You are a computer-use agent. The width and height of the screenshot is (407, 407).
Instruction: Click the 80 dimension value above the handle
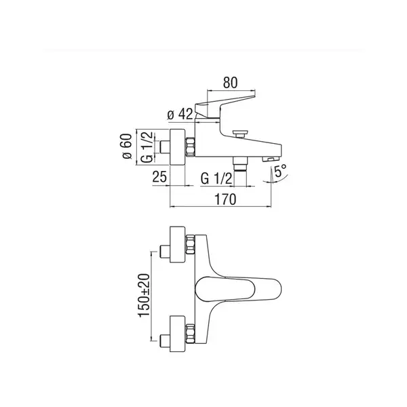(230, 83)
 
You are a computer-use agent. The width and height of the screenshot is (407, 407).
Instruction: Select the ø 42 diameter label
(180, 114)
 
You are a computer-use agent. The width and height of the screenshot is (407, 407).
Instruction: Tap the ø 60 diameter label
(127, 146)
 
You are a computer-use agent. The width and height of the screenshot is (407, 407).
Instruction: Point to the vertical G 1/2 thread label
(147, 147)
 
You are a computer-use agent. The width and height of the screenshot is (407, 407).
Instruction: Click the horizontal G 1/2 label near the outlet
(216, 178)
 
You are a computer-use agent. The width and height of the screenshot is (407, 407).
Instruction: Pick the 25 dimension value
(159, 177)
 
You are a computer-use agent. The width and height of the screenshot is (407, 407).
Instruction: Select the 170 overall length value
(225, 199)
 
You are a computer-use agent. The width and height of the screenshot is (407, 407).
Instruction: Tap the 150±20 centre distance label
(144, 295)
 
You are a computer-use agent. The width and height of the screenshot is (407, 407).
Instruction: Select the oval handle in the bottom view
(238, 289)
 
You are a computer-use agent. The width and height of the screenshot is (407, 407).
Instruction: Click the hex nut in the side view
(190, 147)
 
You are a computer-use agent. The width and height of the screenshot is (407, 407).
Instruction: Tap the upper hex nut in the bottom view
(190, 244)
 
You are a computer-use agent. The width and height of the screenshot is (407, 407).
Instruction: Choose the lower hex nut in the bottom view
(190, 334)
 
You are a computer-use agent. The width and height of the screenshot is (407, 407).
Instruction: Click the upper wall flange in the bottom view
(178, 244)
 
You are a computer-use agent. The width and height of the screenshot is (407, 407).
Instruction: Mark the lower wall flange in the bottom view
(178, 334)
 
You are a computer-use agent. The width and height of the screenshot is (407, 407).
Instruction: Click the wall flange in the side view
(178, 147)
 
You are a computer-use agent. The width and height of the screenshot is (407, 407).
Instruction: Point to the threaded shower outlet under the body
(240, 164)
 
